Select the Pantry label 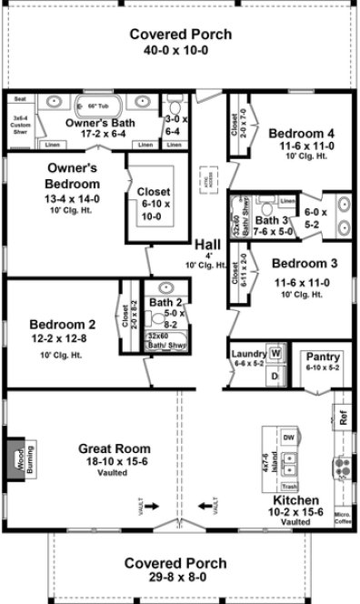point(322,356)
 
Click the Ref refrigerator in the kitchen point(343,420)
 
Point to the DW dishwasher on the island point(289,438)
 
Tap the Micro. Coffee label point(342,519)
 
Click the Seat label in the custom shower point(19,100)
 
